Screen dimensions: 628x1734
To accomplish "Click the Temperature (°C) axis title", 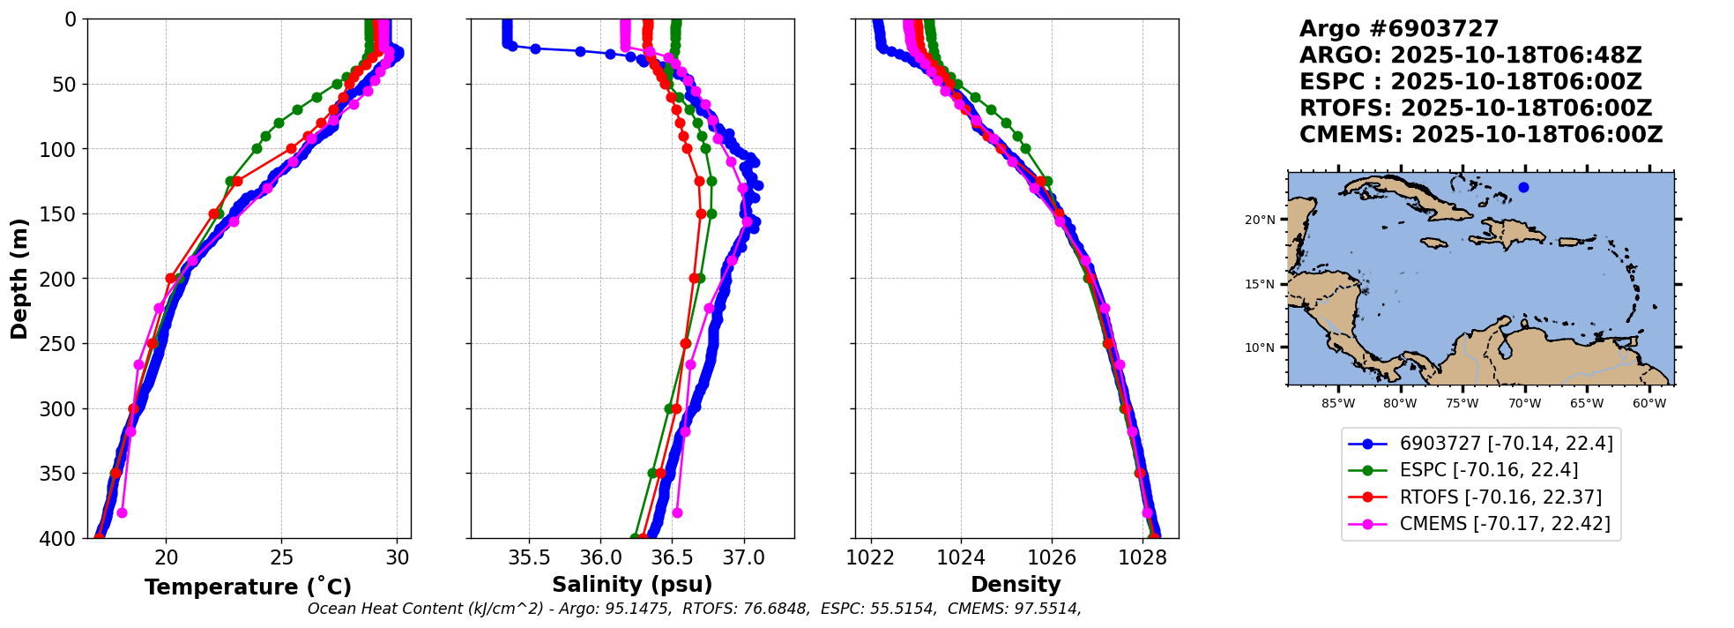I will [248, 587].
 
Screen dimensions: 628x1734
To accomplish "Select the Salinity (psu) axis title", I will [632, 585].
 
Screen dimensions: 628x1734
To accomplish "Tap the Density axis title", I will [1016, 585].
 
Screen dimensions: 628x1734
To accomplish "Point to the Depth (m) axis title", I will [19, 279].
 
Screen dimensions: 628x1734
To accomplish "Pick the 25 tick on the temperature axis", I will [281, 557].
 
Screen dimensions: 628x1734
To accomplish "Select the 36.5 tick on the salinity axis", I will [672, 557].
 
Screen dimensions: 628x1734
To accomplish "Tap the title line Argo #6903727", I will [1399, 29].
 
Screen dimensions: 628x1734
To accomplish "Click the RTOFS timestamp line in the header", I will [1475, 108].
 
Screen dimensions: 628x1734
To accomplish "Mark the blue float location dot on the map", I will [1523, 187].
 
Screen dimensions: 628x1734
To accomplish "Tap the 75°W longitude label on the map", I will [1462, 404].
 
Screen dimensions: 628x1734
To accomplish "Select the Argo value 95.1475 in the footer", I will [636, 609].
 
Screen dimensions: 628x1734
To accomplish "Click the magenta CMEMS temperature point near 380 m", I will [122, 512].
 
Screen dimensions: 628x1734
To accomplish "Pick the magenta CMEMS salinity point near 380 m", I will [677, 512].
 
